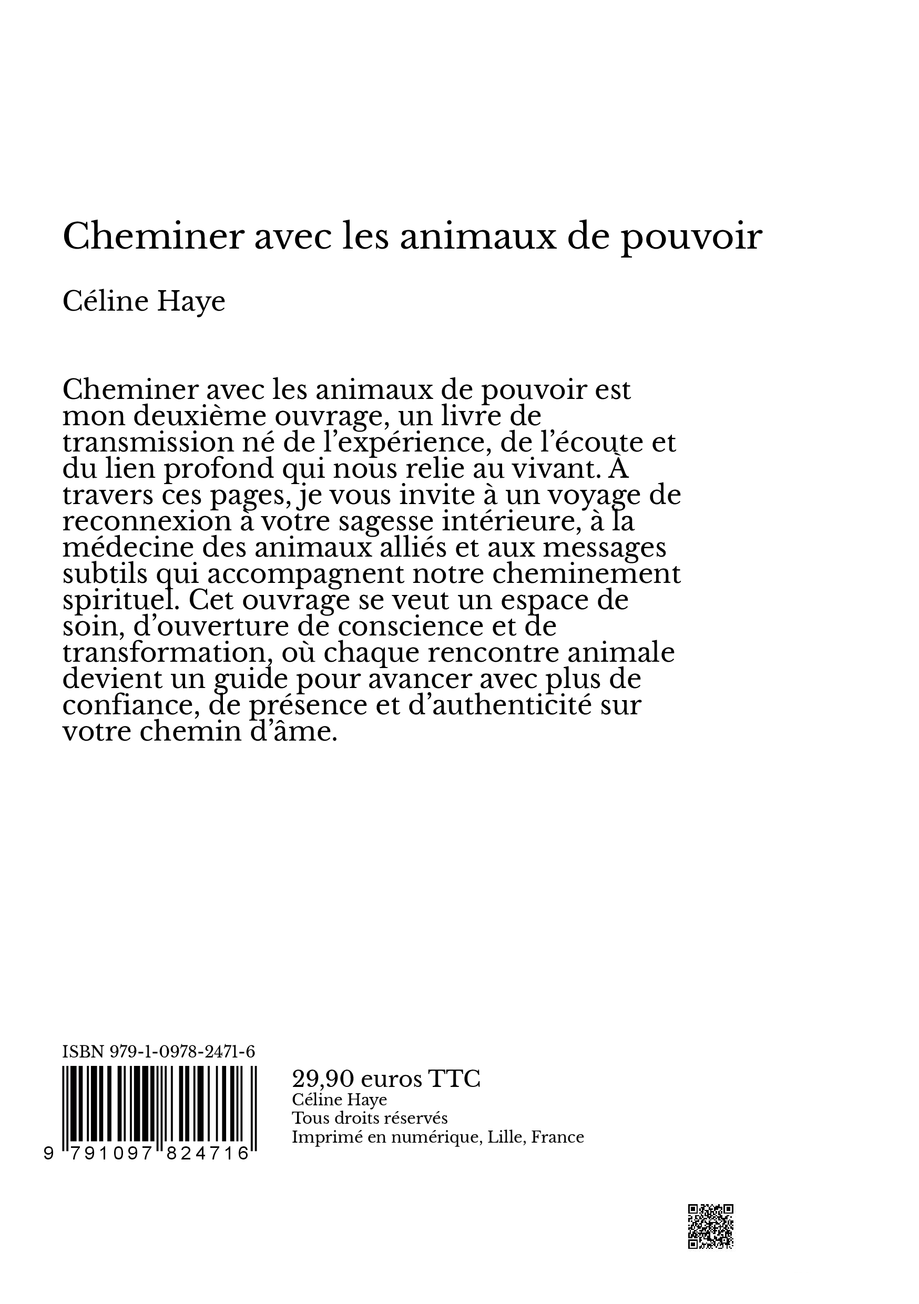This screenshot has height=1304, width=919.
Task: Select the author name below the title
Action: [x=144, y=302]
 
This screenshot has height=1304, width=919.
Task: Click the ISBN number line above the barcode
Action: [x=158, y=1052]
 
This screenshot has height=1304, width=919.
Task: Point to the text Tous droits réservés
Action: [x=369, y=1118]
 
